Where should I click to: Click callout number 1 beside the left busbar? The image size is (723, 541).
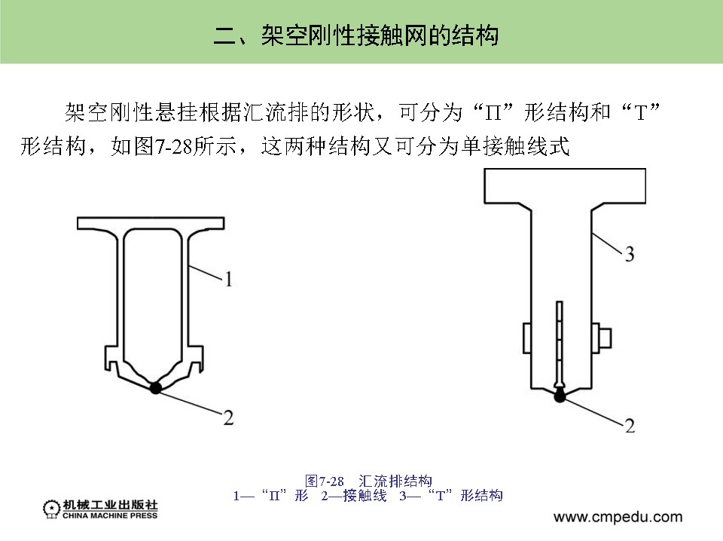(x=229, y=280)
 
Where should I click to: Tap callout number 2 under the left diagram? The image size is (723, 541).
(x=227, y=417)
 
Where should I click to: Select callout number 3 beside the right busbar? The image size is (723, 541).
(x=628, y=255)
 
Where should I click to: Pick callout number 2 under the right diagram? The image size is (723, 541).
(x=628, y=426)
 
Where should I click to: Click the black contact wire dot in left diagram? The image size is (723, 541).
(x=156, y=388)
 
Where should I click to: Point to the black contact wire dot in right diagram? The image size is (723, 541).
(x=560, y=396)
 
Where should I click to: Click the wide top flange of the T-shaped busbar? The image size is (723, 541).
(x=564, y=186)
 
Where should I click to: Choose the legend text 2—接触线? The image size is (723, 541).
(x=353, y=495)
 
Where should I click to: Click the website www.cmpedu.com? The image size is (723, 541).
(x=618, y=518)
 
